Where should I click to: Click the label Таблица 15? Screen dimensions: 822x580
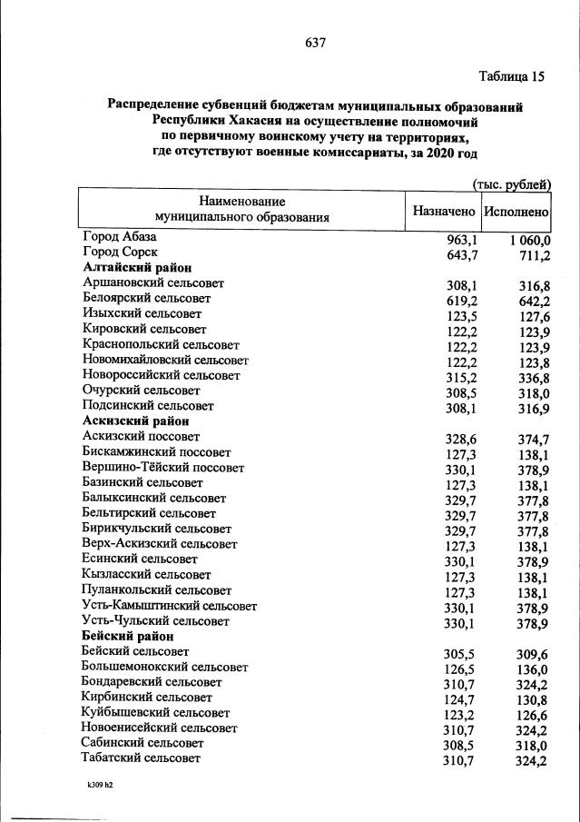click(x=511, y=76)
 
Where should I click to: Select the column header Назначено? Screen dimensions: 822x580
click(x=444, y=210)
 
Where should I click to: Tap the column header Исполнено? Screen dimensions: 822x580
click(x=516, y=210)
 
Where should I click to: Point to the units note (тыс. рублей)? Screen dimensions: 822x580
click(x=512, y=184)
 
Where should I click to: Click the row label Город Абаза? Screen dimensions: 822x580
click(x=120, y=236)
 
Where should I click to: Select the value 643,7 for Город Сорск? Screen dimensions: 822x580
click(x=460, y=255)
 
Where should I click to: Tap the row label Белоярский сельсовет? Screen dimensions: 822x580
click(x=146, y=298)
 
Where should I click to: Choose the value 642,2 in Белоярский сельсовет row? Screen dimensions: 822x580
click(x=533, y=301)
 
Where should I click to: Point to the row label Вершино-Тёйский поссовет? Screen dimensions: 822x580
click(x=162, y=467)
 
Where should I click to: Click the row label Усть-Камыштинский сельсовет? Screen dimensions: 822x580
click(x=169, y=605)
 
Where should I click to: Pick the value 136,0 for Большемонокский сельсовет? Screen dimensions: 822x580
click(x=533, y=668)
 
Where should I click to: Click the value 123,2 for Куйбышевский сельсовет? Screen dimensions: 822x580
click(x=460, y=715)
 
